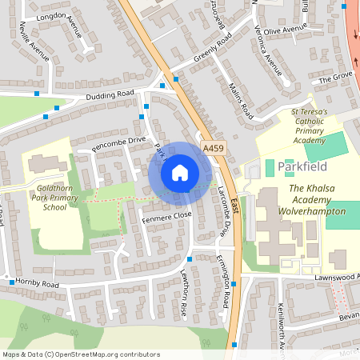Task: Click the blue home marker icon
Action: (x=180, y=172)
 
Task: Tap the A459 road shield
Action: (x=213, y=148)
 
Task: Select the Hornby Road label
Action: (x=39, y=284)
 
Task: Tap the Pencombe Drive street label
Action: (x=119, y=143)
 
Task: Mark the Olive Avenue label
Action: (x=286, y=31)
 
